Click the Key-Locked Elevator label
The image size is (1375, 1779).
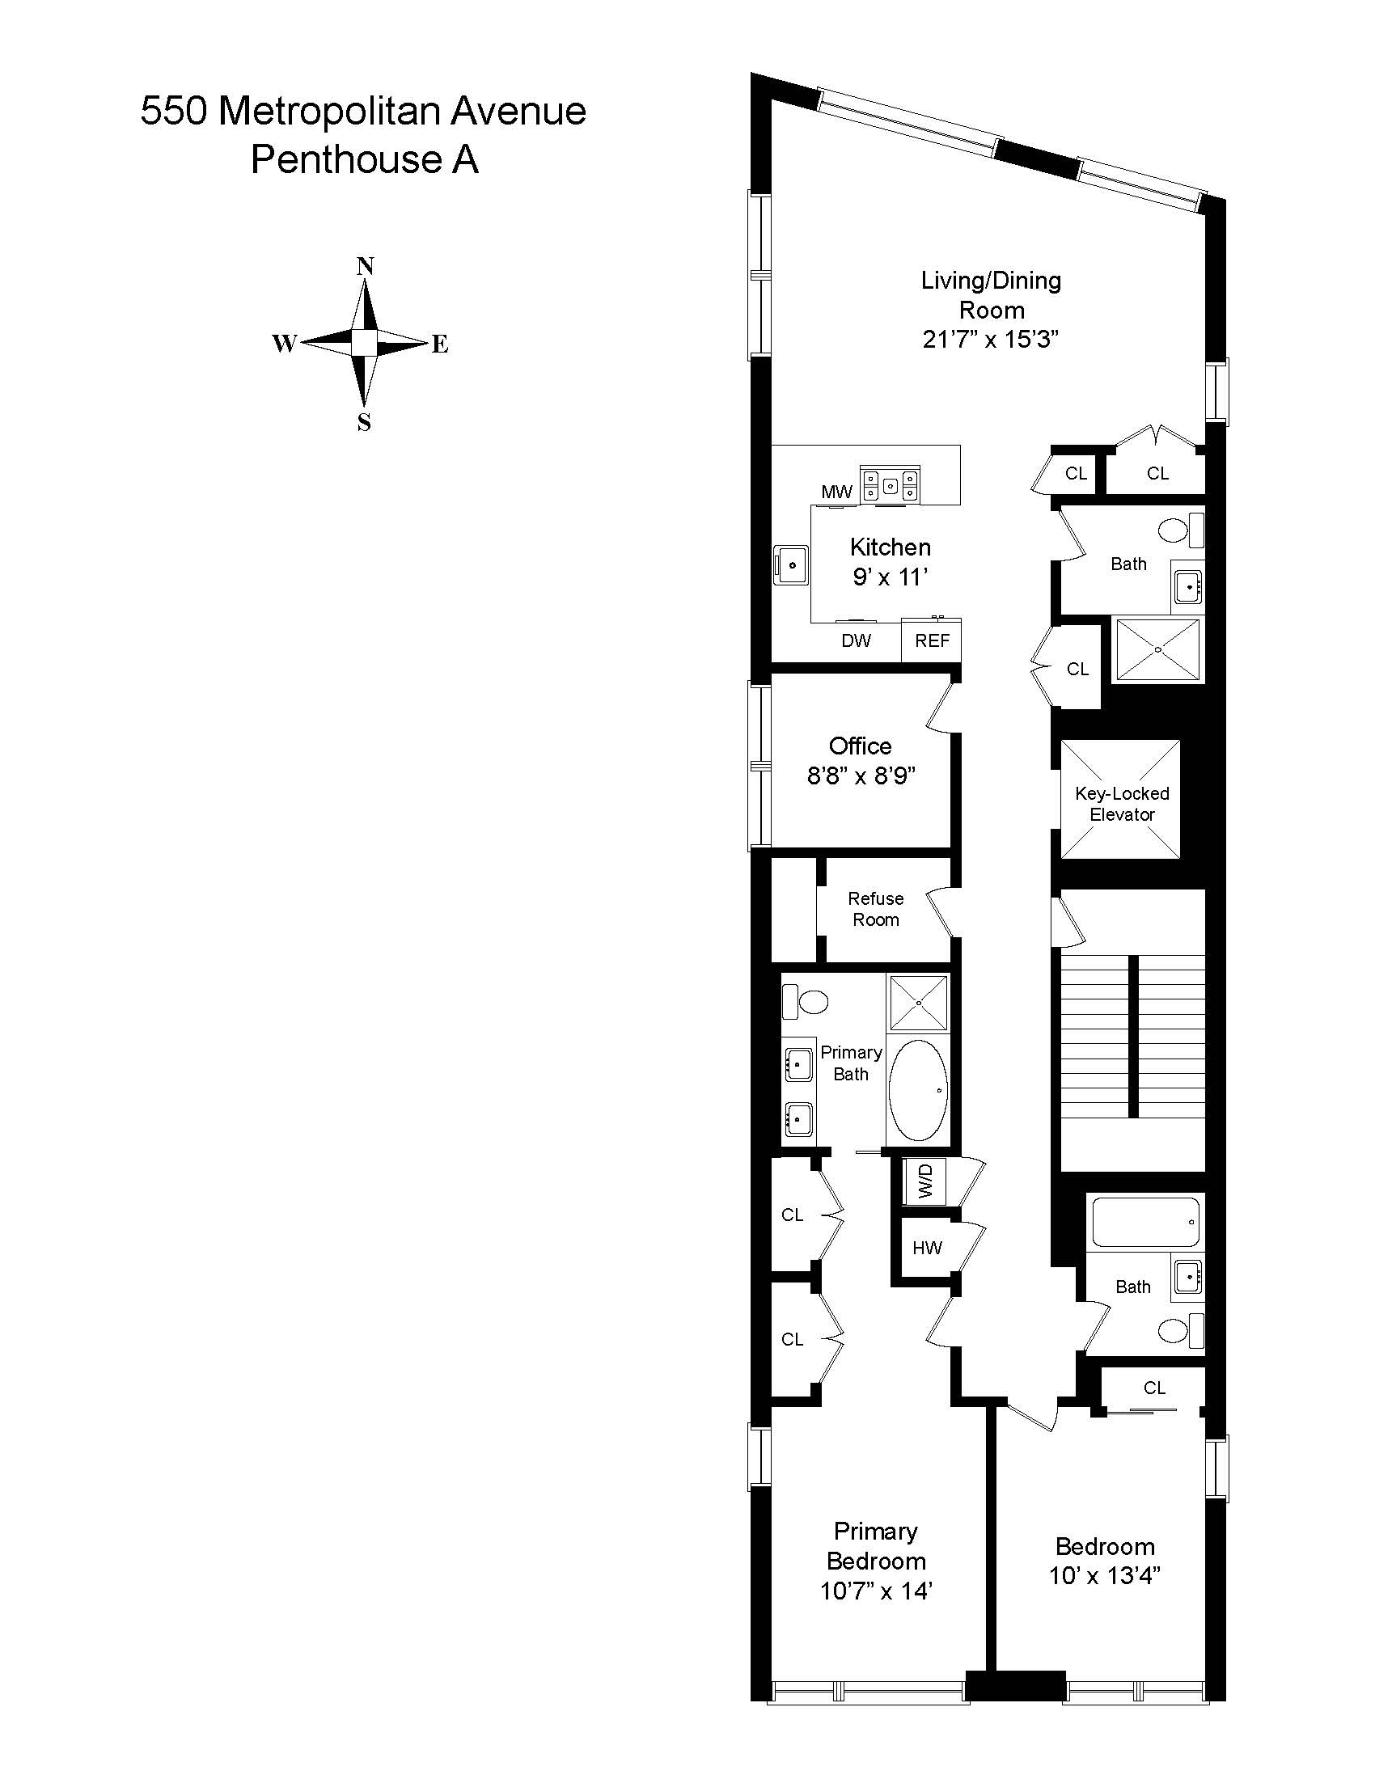click(1122, 803)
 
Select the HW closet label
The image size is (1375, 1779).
click(927, 1247)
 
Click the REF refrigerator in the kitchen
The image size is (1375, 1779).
click(932, 641)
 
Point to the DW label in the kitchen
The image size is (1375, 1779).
click(856, 641)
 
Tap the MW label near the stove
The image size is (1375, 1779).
click(836, 491)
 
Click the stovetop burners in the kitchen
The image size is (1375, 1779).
click(891, 485)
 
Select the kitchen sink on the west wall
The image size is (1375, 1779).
click(790, 564)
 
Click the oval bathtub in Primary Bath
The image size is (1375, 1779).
click(918, 1090)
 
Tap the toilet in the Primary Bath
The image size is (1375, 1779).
click(805, 1001)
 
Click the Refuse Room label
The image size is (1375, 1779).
click(876, 909)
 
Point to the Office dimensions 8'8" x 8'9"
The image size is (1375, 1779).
click(861, 775)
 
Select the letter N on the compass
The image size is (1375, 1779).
click(366, 266)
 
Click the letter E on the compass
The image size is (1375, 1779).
click(440, 344)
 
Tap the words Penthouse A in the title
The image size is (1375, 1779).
click(364, 159)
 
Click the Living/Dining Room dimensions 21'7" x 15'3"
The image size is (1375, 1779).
click(991, 340)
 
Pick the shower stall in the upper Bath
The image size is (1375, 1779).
click(1157, 649)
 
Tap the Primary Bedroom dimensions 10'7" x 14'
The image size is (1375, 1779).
click(876, 1590)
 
